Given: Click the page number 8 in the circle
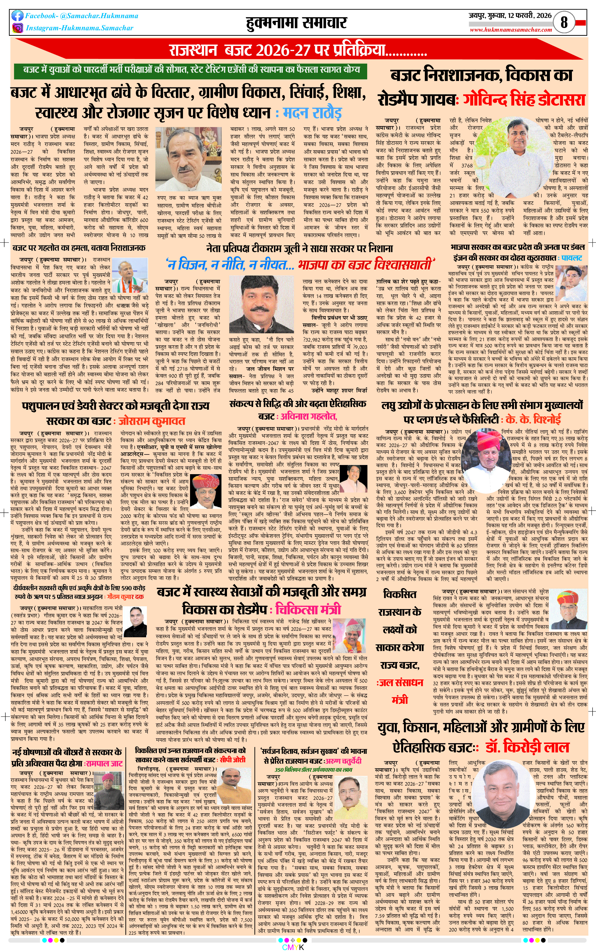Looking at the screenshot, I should tap(564, 22).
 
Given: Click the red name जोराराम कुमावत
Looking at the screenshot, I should tap(152, 421).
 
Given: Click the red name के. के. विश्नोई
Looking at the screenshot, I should tap(533, 419).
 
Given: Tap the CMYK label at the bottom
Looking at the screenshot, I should tap(293, 947).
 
